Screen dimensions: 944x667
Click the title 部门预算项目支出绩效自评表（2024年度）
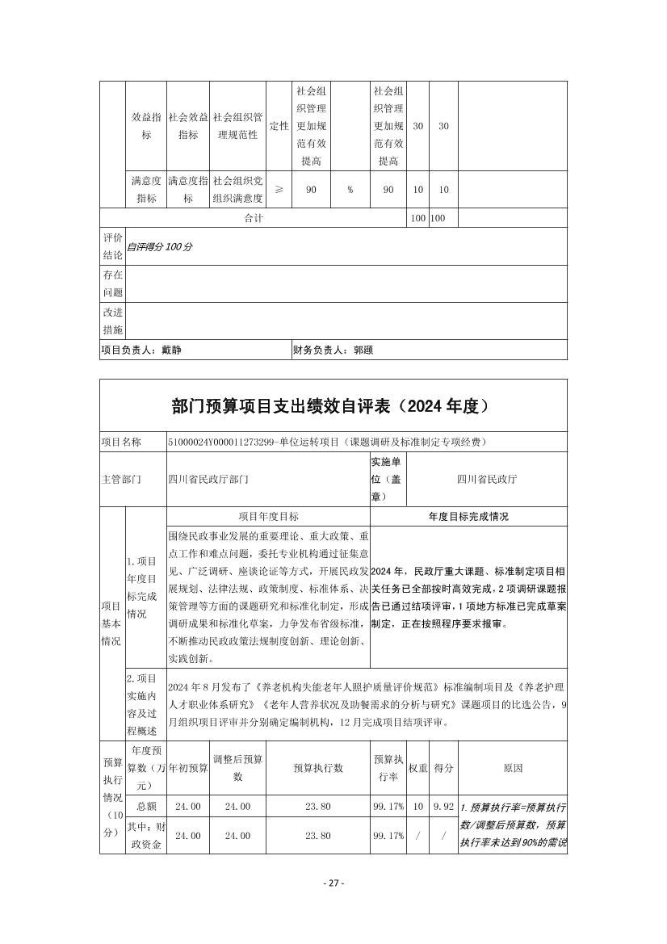[333, 406]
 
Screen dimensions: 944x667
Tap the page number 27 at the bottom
[333, 883]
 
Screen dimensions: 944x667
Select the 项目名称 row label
[121, 442]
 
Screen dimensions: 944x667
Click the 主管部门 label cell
[121, 479]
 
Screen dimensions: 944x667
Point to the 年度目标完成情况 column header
[468, 516]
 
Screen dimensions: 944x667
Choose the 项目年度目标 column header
[268, 516]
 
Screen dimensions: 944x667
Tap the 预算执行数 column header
[318, 768]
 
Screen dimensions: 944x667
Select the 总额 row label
[146, 806]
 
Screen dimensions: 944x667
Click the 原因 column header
[513, 768]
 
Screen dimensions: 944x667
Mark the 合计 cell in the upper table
[254, 218]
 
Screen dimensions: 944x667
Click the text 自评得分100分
[159, 246]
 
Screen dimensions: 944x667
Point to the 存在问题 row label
[112, 283]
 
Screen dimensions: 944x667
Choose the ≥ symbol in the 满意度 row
[279, 190]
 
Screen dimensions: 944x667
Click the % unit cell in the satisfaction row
[350, 190]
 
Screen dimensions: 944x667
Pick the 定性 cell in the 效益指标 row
[279, 126]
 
